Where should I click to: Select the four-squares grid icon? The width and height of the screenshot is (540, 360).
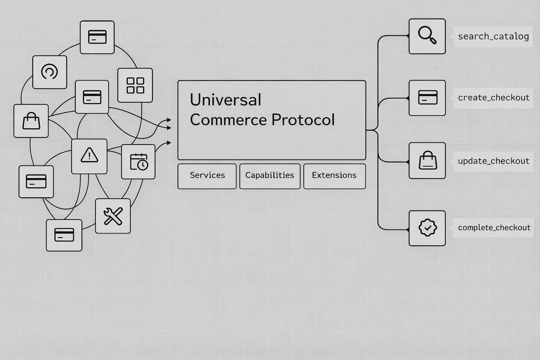[x=135, y=85]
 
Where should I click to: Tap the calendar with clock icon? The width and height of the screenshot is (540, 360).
[x=139, y=162]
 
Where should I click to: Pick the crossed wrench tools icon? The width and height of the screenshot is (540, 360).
[x=113, y=216]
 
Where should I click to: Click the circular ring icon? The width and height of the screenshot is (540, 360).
[x=50, y=72]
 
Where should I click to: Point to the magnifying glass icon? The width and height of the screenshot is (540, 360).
[x=427, y=36]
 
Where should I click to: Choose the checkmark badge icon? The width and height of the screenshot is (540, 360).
[x=427, y=228]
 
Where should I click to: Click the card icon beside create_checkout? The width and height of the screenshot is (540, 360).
[x=427, y=98]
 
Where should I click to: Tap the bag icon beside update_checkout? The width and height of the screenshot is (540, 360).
[x=427, y=161]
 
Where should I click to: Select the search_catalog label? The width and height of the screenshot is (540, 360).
[x=493, y=37]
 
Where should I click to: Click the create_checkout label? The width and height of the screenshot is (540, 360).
[x=493, y=98]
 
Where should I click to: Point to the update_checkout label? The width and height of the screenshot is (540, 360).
[x=493, y=161]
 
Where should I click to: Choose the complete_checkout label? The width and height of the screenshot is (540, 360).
[x=494, y=227]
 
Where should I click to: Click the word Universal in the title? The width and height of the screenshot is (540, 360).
[x=225, y=100]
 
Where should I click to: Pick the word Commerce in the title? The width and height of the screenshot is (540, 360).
[x=228, y=120]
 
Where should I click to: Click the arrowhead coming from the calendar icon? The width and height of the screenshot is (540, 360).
[x=169, y=143]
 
